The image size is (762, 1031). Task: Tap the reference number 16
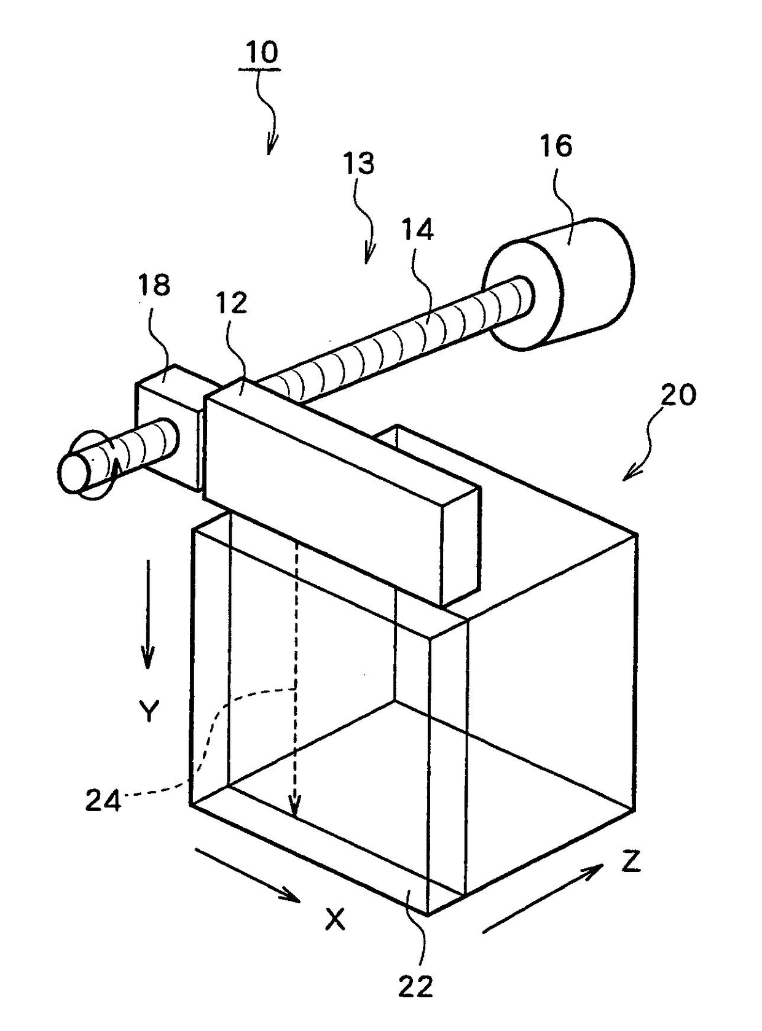(x=556, y=146)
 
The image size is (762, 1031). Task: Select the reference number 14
(x=418, y=230)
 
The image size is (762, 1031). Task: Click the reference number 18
(x=154, y=286)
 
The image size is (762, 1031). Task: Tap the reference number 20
(x=678, y=394)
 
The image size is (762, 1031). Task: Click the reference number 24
(x=103, y=802)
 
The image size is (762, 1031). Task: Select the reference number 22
(x=415, y=987)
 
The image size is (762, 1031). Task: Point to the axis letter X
(x=335, y=920)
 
